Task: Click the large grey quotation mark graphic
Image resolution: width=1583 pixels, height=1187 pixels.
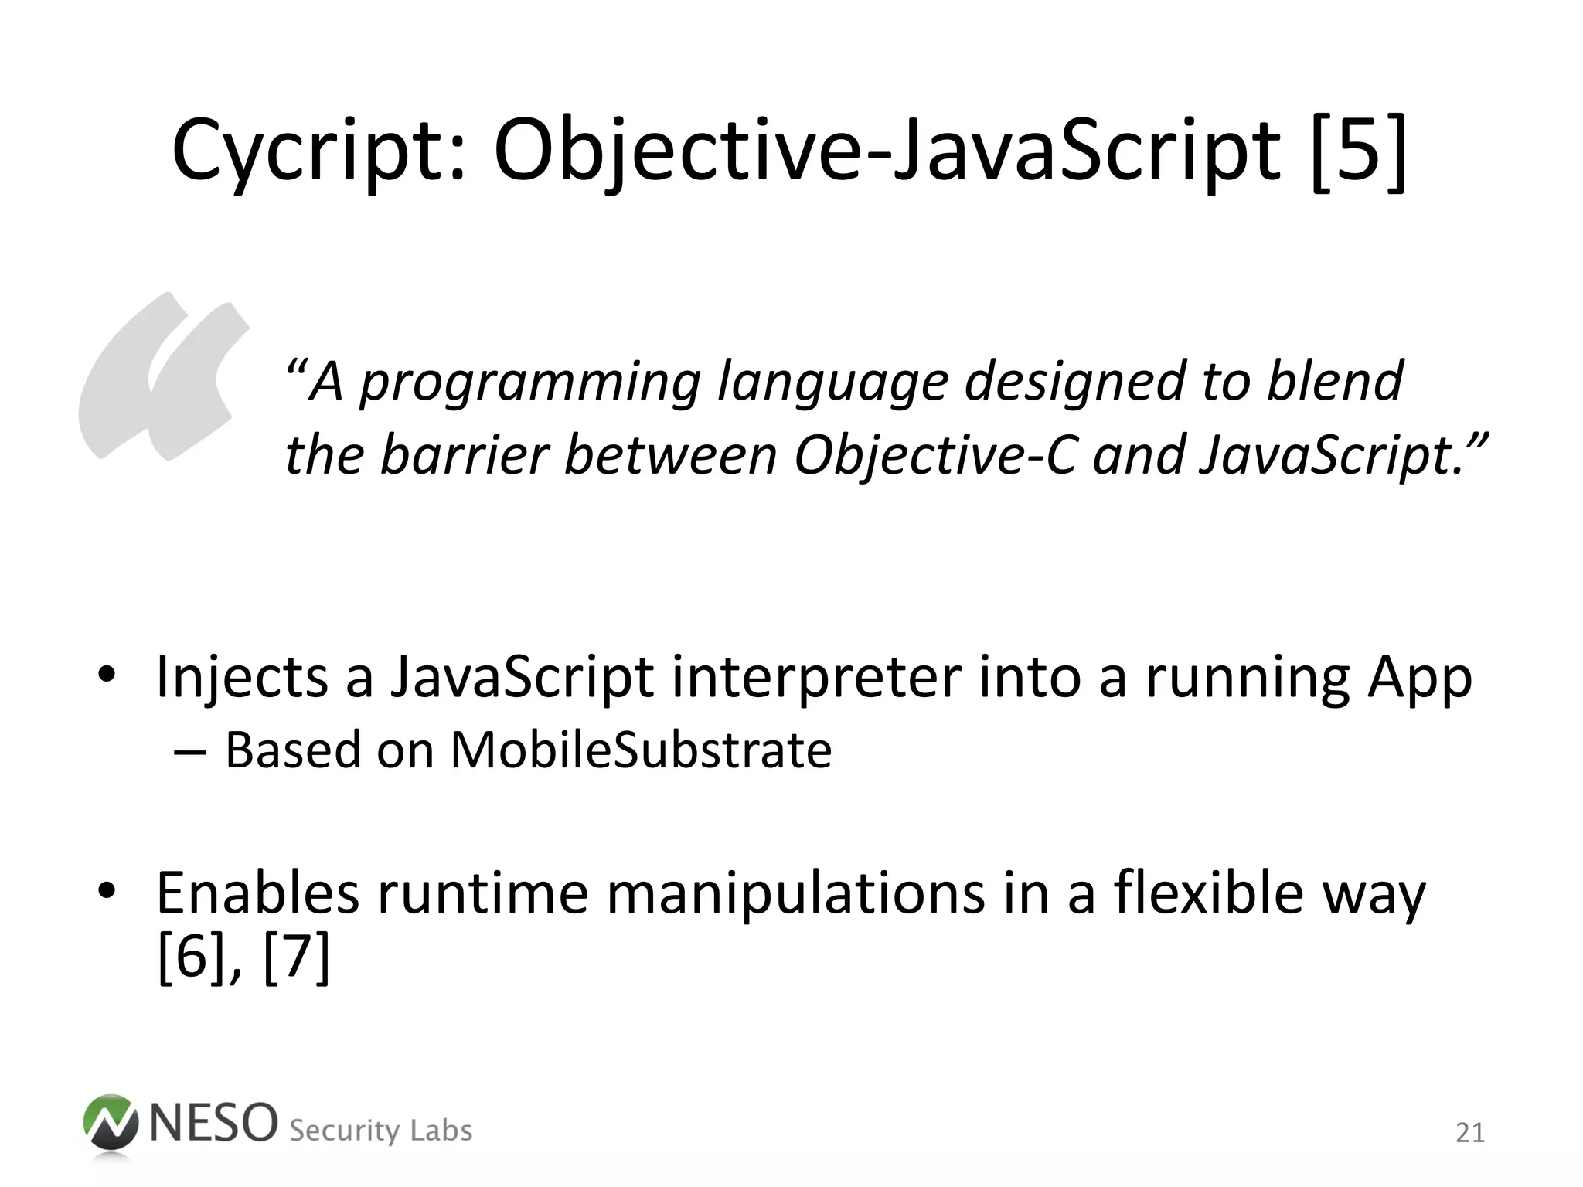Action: [162, 376]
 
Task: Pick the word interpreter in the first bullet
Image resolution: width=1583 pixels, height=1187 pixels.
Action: [816, 677]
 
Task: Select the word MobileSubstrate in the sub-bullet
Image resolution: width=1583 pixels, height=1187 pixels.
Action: [641, 750]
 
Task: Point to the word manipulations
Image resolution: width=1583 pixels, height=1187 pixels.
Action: [795, 893]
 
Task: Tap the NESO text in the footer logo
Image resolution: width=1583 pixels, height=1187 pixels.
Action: [213, 1122]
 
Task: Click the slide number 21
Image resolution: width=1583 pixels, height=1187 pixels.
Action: [1470, 1133]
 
